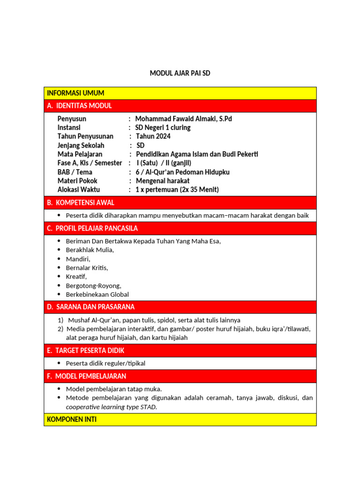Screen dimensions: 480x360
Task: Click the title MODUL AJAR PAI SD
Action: pyautogui.click(x=180, y=73)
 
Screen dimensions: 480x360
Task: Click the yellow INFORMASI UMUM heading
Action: pyautogui.click(x=75, y=93)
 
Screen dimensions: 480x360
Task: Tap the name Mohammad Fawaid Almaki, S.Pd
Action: pyautogui.click(x=183, y=119)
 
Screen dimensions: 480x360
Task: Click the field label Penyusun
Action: pyautogui.click(x=72, y=119)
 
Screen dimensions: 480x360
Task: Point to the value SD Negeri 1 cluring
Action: pyautogui.click(x=163, y=127)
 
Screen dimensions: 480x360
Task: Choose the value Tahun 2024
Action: pyautogui.click(x=153, y=136)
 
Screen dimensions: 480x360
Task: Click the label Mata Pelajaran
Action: pyautogui.click(x=80, y=154)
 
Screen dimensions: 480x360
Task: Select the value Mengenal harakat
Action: pyautogui.click(x=163, y=181)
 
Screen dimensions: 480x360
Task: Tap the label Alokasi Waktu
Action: pyautogui.click(x=79, y=190)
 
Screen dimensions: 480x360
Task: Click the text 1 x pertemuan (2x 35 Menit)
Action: pyautogui.click(x=177, y=190)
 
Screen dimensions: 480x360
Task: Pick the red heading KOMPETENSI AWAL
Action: pyautogui.click(x=85, y=202)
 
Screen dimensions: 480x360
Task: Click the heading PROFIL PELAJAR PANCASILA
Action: pyautogui.click(x=97, y=228)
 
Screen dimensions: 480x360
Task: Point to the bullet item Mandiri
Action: pyautogui.click(x=78, y=259)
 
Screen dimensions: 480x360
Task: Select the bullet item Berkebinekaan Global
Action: pyautogui.click(x=97, y=294)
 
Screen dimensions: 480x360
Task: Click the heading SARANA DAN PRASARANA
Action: pyautogui.click(x=95, y=307)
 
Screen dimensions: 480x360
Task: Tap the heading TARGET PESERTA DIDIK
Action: pyautogui.click(x=90, y=351)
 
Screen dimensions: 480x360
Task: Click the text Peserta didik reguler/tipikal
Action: pyautogui.click(x=109, y=363)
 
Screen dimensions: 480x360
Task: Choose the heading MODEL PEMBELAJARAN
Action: pyautogui.click(x=90, y=376)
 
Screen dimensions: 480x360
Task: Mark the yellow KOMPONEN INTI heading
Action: pyautogui.click(x=72, y=420)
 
